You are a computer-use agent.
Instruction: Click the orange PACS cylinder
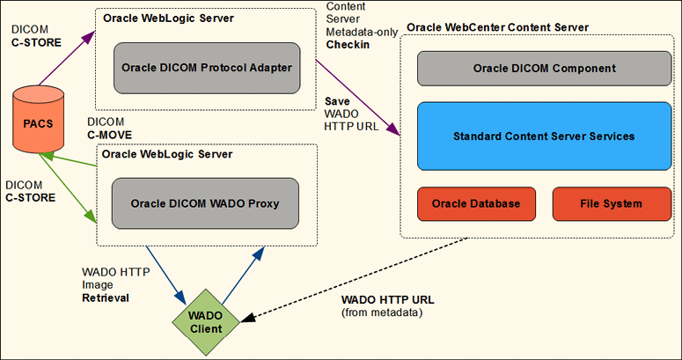tap(37, 122)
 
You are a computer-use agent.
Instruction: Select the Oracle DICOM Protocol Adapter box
tap(205, 68)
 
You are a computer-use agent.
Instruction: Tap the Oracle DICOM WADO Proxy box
tap(205, 203)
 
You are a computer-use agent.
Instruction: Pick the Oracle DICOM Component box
tap(539, 68)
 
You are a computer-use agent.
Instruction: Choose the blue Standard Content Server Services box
tap(539, 136)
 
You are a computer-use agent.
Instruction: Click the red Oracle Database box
tap(475, 203)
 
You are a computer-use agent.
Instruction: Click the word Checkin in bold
tap(348, 44)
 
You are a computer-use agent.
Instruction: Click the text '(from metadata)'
tap(381, 313)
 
